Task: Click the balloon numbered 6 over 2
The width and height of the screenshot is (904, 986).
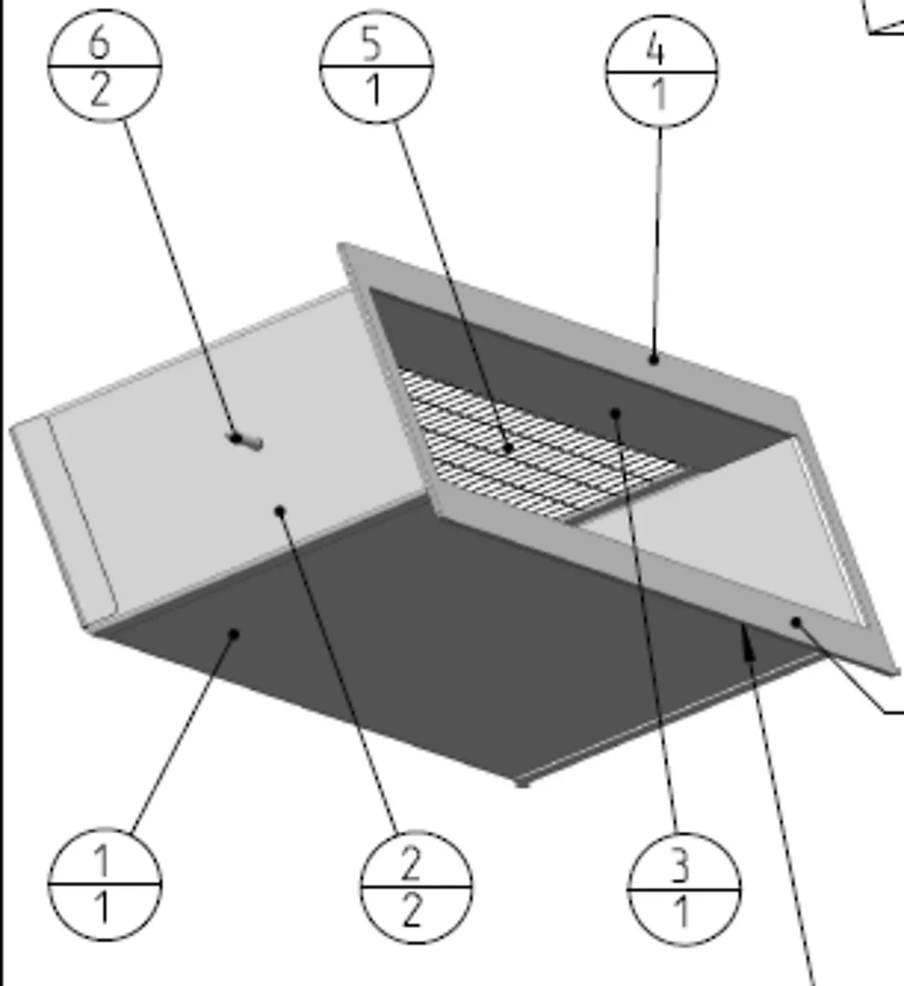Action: point(105,66)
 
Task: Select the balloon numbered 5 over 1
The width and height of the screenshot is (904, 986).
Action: point(376,66)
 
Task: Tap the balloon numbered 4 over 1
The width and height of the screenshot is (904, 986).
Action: point(662,72)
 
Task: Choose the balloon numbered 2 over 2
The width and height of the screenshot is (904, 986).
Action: point(416,887)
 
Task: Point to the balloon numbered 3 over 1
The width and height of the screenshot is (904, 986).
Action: point(684,889)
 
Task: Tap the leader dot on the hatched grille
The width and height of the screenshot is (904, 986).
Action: point(509,447)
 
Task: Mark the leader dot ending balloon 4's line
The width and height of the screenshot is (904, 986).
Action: point(653,360)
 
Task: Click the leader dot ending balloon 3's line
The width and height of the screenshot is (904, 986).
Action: point(615,414)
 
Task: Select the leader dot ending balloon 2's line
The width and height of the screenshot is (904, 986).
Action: point(280,511)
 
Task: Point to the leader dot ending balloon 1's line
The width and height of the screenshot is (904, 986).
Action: point(234,634)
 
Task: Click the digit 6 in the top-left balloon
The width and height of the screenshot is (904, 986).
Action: point(100,43)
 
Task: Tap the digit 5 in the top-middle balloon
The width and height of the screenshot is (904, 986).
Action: point(371,44)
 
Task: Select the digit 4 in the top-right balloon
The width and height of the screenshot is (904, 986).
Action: point(655,50)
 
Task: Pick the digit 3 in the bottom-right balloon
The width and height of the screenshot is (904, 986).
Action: point(679,867)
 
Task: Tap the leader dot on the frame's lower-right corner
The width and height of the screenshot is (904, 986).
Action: point(796,623)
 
